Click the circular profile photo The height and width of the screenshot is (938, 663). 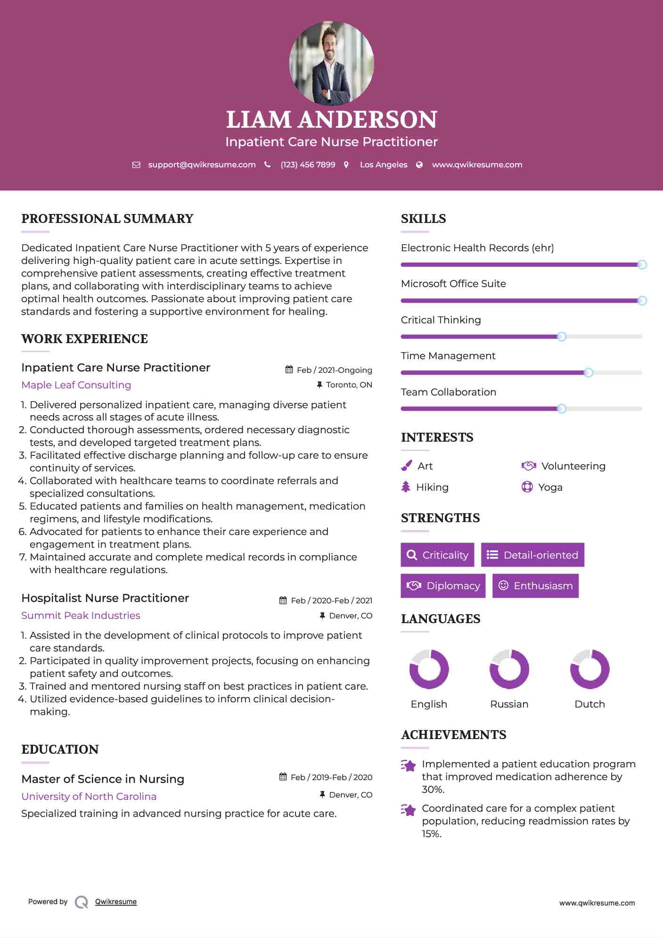(331, 63)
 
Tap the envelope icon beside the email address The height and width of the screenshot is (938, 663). (136, 165)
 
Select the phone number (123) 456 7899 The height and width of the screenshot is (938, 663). (308, 165)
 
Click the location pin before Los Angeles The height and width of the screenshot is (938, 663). (346, 165)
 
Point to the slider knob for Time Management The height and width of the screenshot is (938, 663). (589, 373)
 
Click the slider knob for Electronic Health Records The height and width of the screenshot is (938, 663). (642, 265)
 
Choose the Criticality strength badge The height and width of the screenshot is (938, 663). (437, 555)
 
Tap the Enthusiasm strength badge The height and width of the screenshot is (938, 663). (535, 586)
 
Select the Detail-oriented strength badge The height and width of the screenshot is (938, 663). (532, 555)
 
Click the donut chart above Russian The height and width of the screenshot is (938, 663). (509, 669)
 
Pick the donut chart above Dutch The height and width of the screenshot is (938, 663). (589, 669)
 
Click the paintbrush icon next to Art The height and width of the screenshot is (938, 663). (406, 466)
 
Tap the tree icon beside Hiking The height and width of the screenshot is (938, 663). (406, 487)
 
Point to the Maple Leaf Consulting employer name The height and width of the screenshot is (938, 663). (76, 385)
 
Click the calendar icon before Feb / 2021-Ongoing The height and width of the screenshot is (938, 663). (289, 370)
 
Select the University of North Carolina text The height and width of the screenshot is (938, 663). (89, 797)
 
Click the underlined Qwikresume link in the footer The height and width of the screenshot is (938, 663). (116, 902)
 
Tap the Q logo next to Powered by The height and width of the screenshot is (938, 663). (82, 902)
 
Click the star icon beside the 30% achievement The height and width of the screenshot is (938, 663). (409, 765)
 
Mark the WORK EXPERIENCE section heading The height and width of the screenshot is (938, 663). (85, 339)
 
